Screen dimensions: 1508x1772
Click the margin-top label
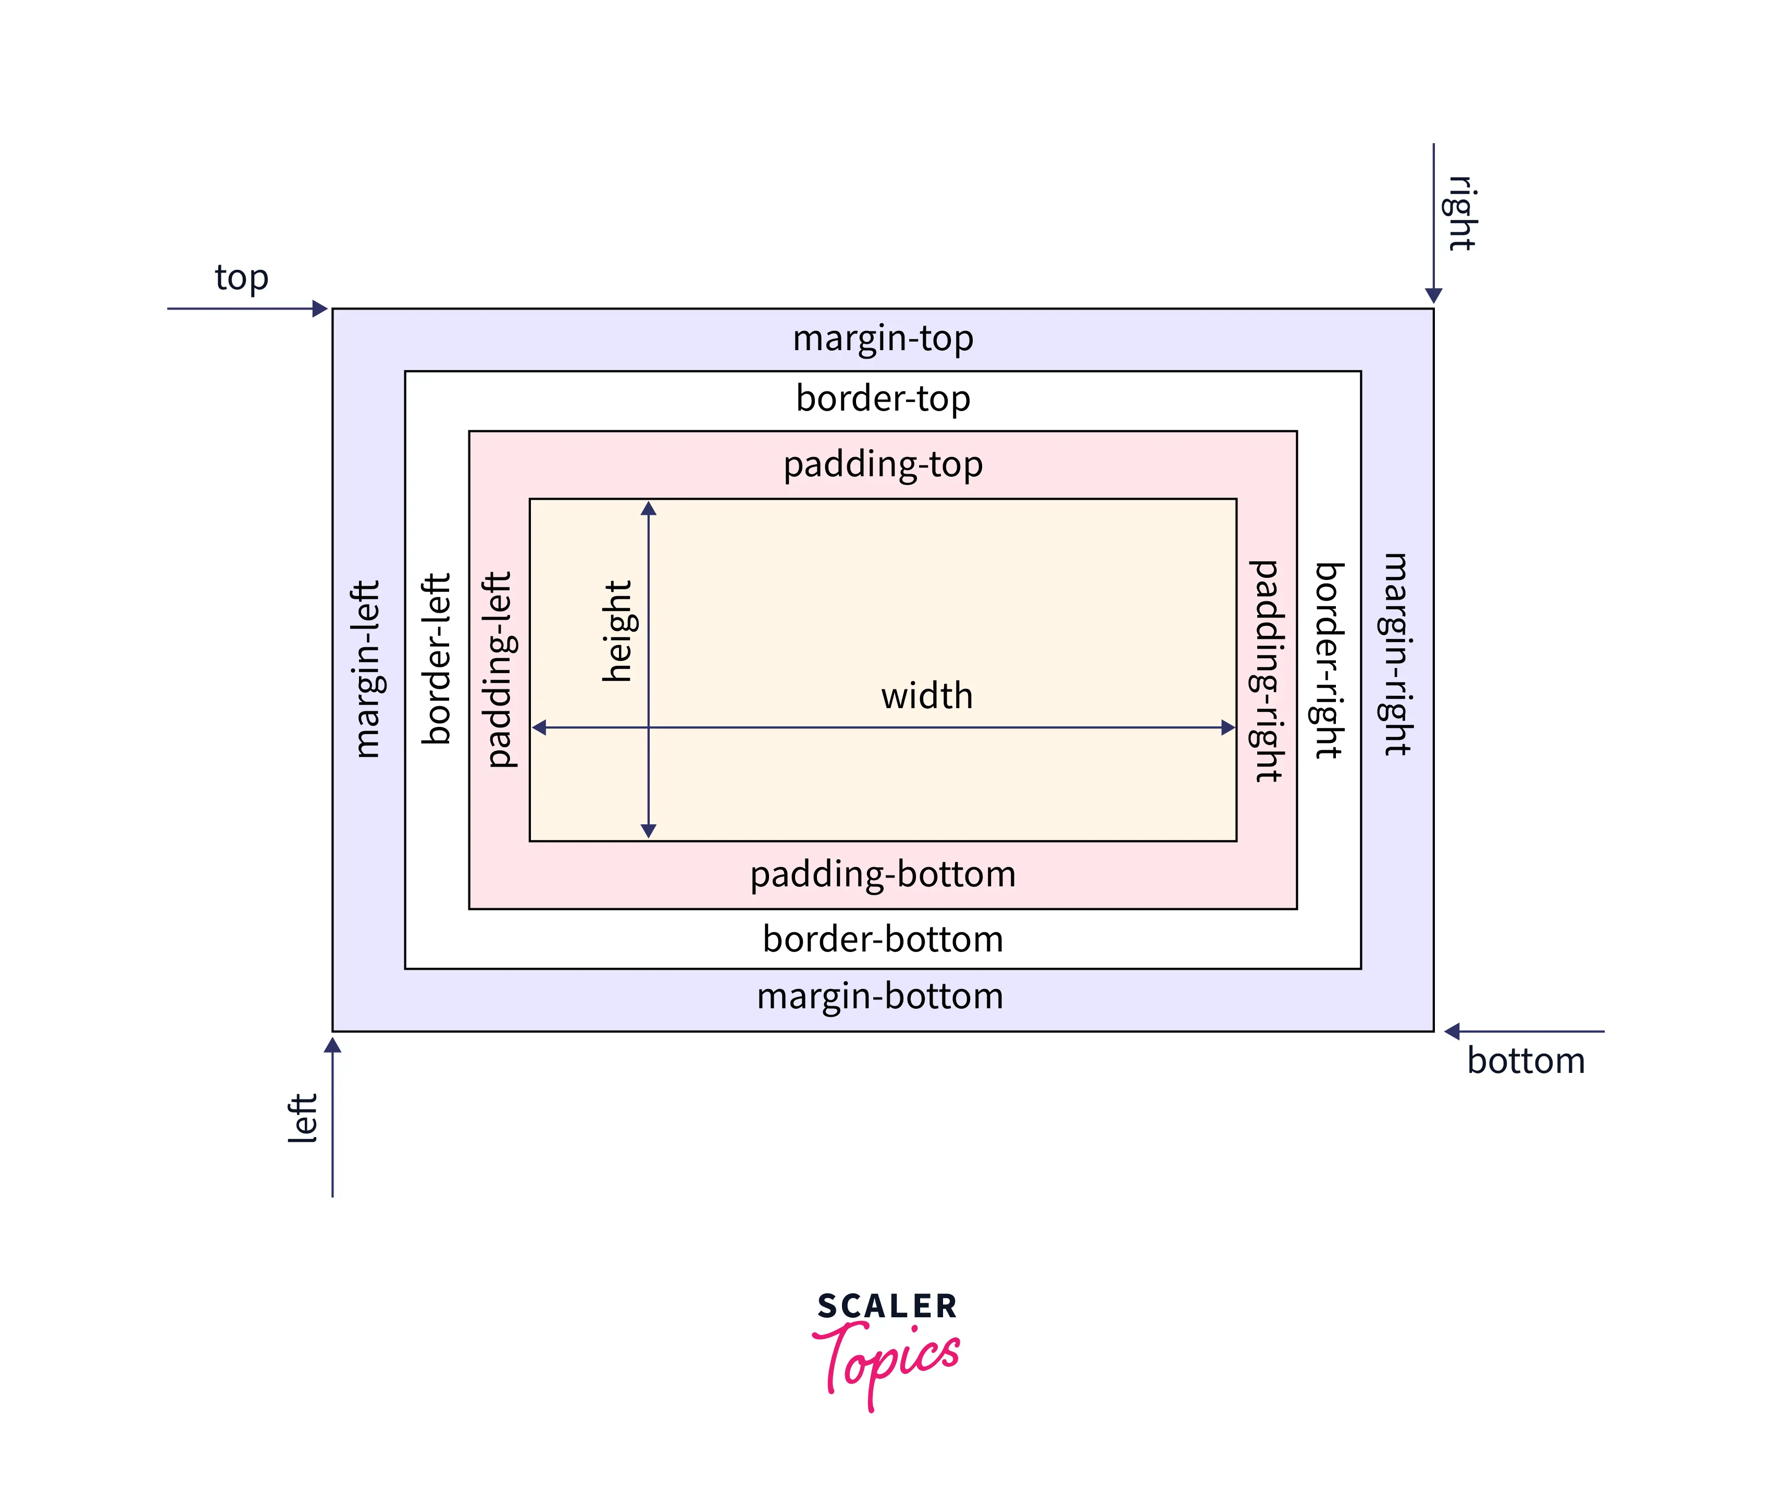coord(882,339)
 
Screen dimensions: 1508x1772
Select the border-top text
coord(882,399)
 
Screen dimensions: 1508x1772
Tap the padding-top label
coord(882,464)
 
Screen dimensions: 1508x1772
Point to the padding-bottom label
coord(882,874)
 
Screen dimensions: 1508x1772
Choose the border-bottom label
coord(882,938)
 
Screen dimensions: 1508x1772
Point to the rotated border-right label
coord(1329,660)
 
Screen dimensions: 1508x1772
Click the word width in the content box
coord(926,696)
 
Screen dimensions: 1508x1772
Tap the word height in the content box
coord(617,631)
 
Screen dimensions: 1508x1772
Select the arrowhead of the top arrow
coord(320,308)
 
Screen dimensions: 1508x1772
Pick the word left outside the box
coord(303,1117)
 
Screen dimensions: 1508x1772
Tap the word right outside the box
coord(1461,213)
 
